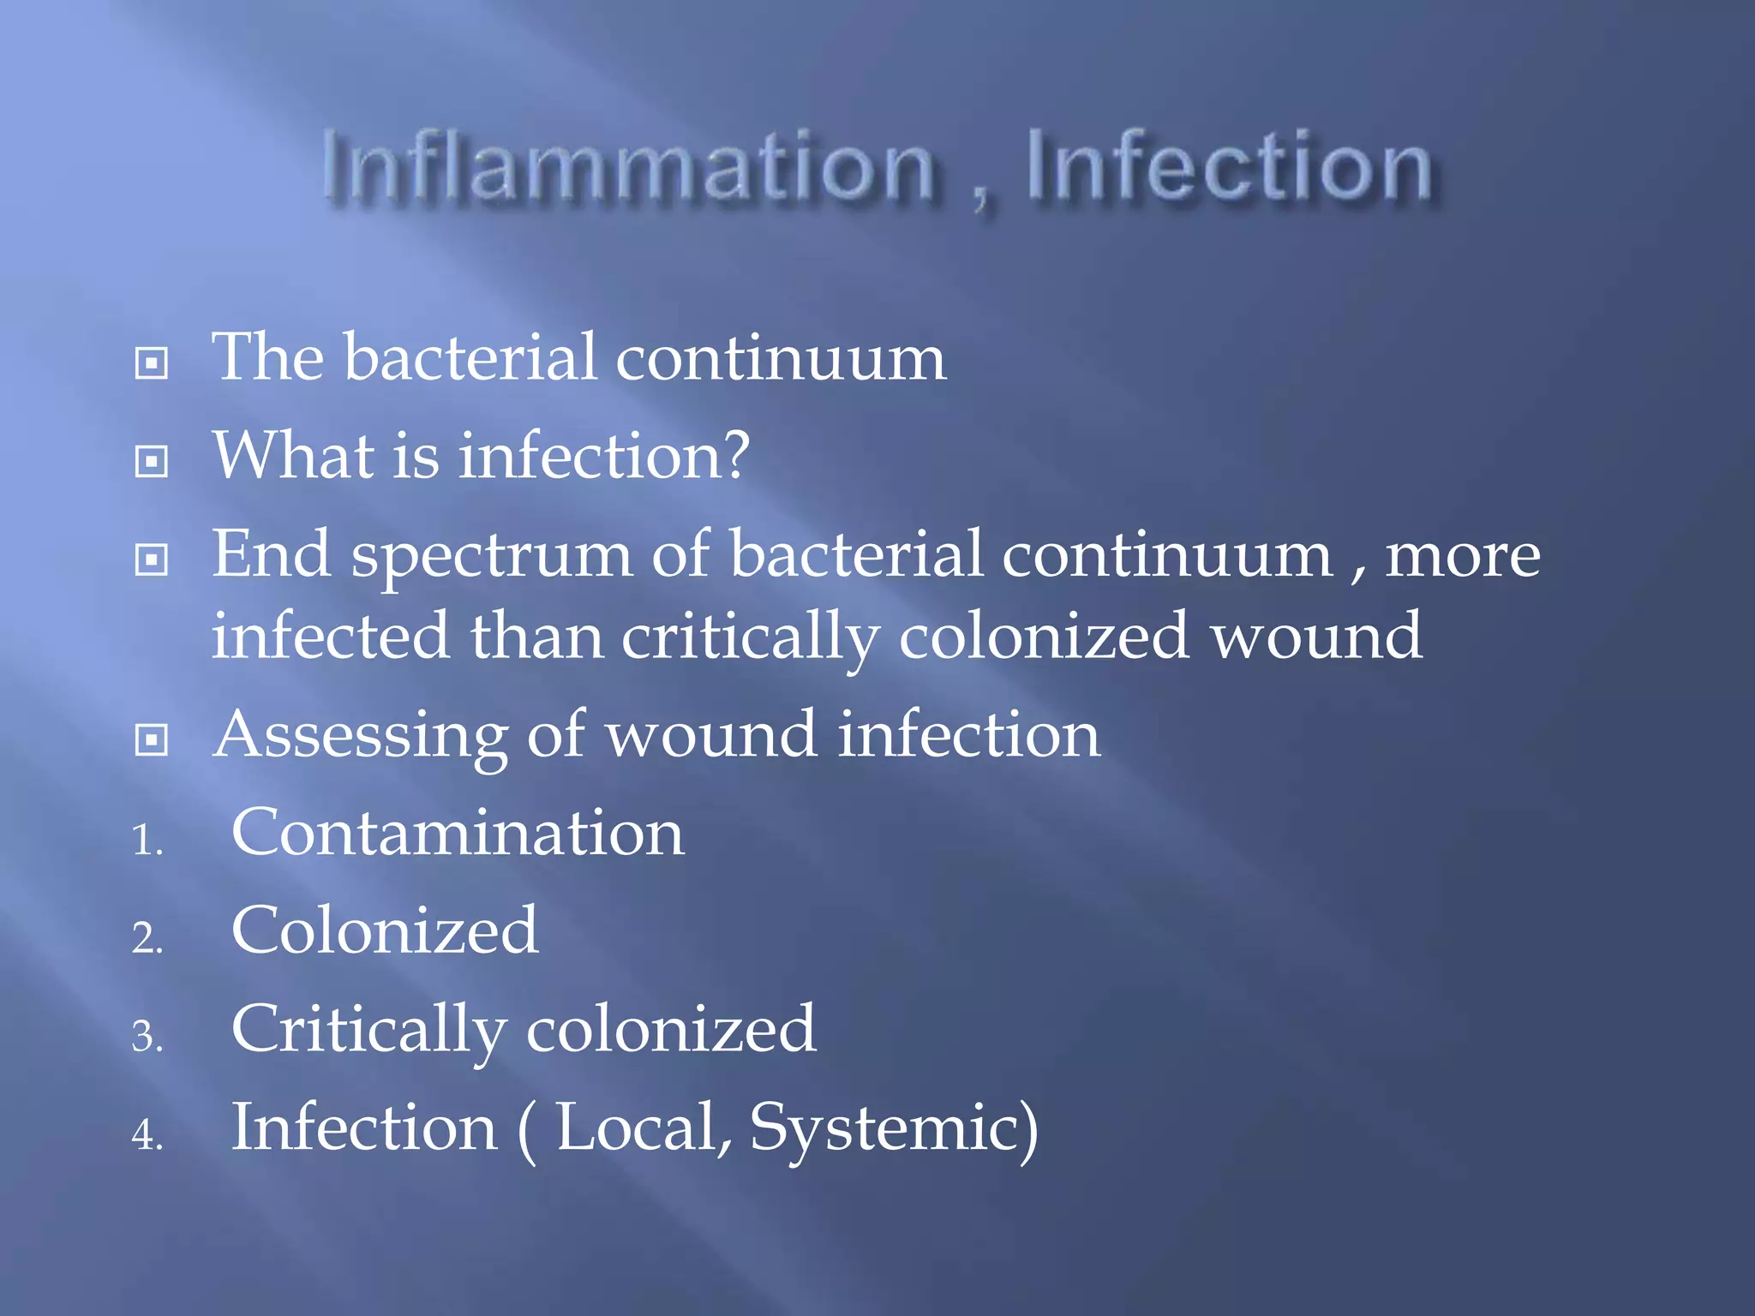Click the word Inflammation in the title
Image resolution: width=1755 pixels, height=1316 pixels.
click(628, 166)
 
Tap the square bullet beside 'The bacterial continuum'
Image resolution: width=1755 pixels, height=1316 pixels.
click(152, 362)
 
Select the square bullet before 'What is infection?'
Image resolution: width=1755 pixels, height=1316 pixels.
click(152, 461)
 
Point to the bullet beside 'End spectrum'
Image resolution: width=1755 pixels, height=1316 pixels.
click(152, 559)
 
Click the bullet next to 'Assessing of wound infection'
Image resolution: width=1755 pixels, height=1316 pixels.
click(152, 739)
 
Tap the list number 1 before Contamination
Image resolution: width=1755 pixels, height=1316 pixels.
click(147, 839)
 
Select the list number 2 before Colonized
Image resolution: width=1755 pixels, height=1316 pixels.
click(147, 937)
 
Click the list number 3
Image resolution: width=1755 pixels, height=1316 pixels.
click(147, 1036)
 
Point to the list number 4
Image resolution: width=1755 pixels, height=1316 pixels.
click(147, 1134)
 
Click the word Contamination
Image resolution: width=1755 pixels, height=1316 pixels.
click(458, 833)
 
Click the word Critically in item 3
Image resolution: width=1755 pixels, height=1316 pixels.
click(368, 1030)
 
